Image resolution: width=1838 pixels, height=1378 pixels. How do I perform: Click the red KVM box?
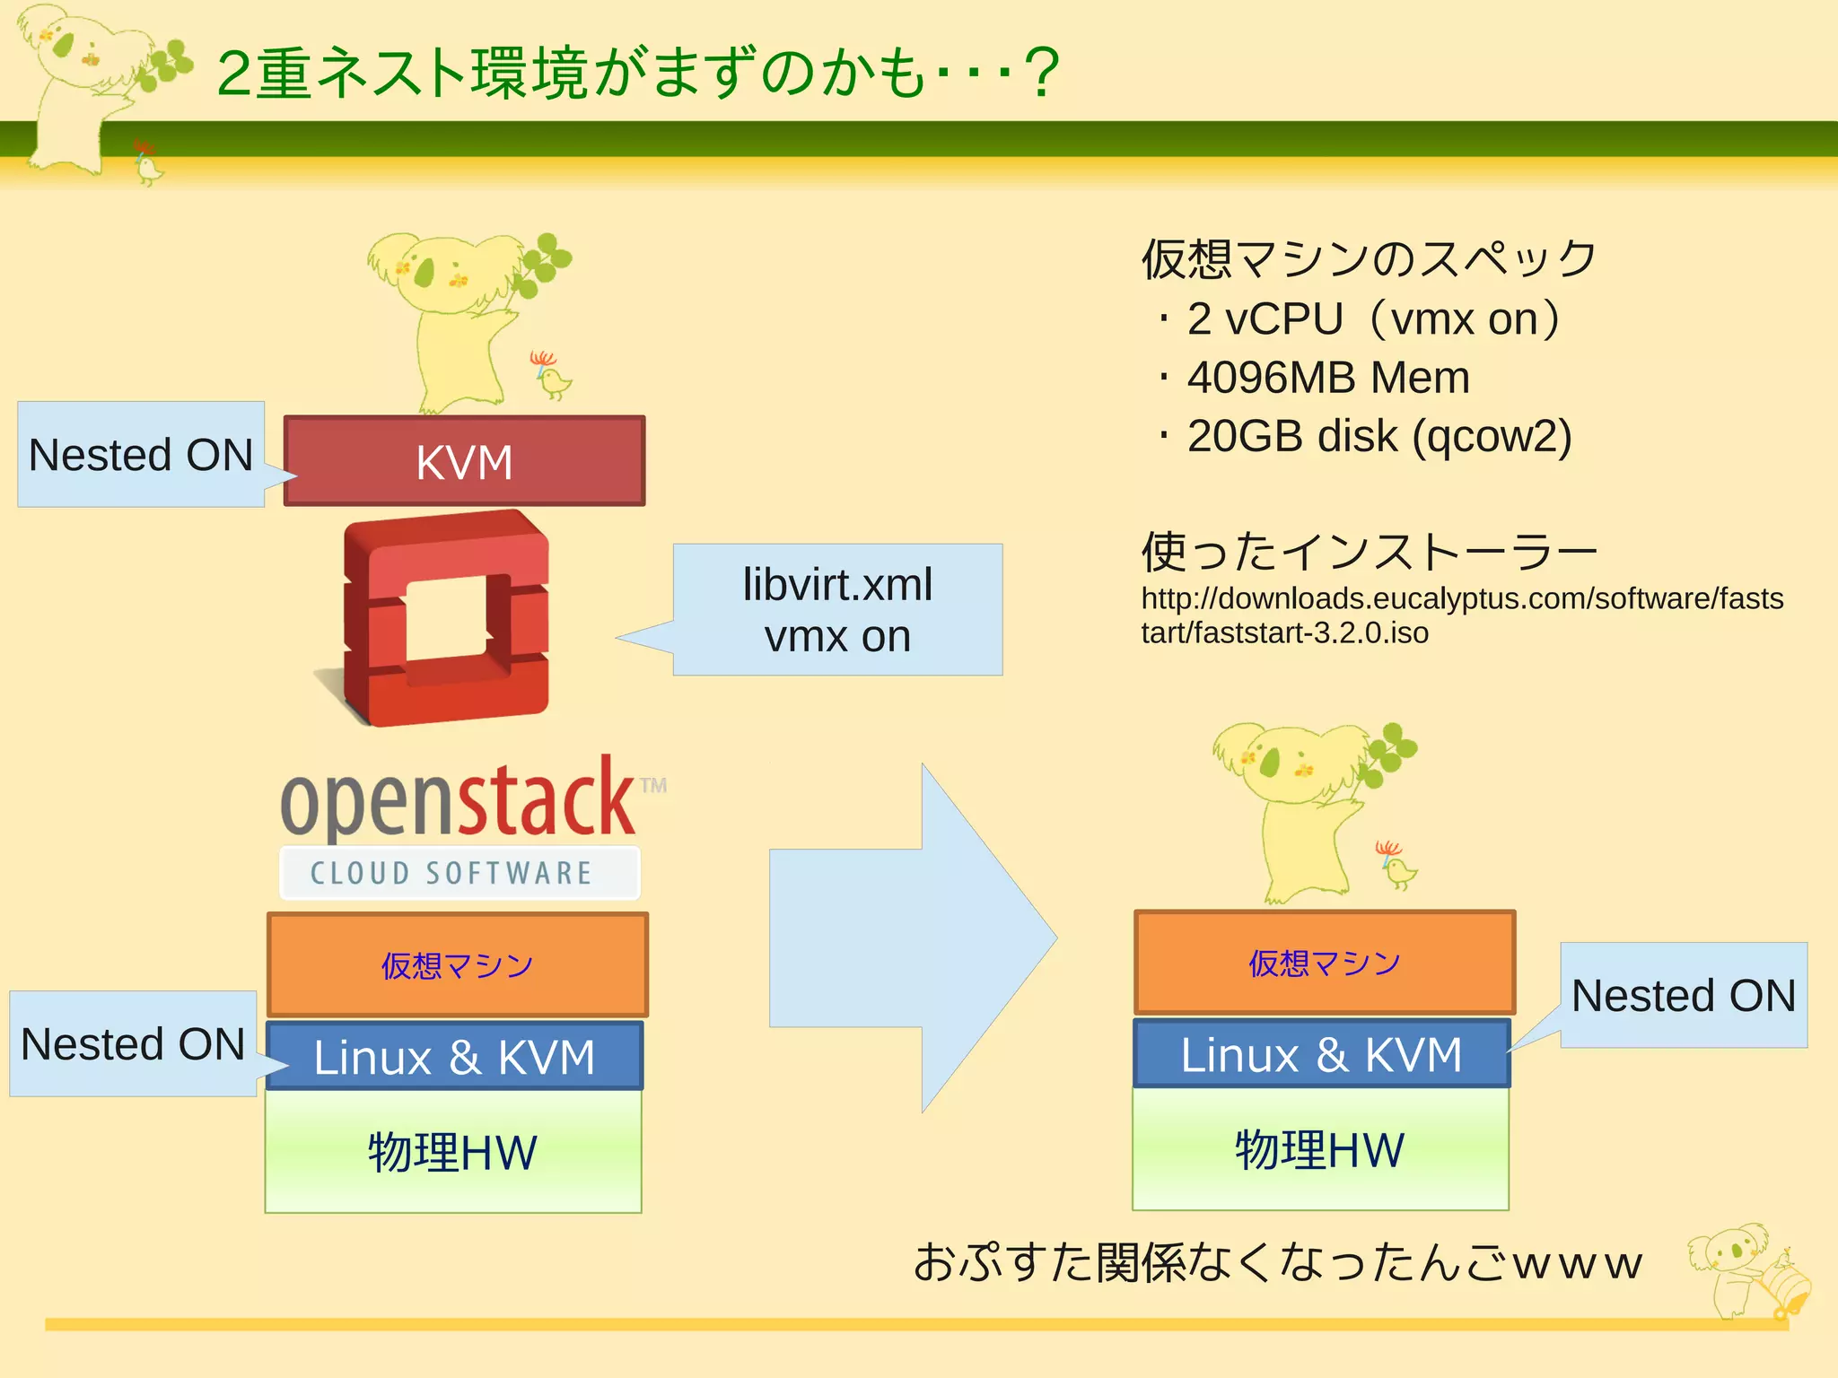click(464, 461)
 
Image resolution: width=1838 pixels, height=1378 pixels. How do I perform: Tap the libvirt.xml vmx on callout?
click(836, 610)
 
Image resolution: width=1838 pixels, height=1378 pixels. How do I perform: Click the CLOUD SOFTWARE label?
click(451, 873)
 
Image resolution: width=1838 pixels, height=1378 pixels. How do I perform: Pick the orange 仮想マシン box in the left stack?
click(457, 965)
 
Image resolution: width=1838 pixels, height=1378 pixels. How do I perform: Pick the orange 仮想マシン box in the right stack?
click(1324, 963)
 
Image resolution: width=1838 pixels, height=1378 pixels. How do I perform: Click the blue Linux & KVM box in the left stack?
click(454, 1057)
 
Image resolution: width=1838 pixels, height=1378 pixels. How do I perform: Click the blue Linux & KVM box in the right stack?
click(1321, 1054)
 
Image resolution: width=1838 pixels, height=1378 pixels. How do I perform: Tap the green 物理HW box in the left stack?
click(452, 1153)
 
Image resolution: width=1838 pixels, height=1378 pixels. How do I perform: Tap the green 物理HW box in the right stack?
click(1319, 1150)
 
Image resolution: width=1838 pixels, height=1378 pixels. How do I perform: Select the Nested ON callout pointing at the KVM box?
click(141, 455)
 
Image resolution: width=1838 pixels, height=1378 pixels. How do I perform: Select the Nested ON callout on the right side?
click(1684, 995)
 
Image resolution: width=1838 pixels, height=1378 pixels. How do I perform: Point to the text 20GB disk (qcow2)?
click(1378, 436)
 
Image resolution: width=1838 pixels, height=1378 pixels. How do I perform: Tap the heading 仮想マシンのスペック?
click(1368, 259)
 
